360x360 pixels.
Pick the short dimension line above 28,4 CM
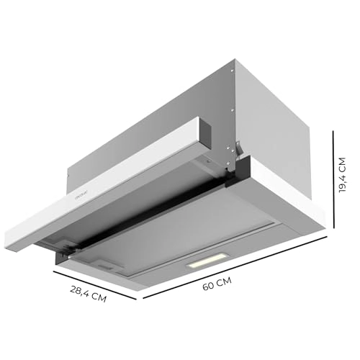coord(98,283)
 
